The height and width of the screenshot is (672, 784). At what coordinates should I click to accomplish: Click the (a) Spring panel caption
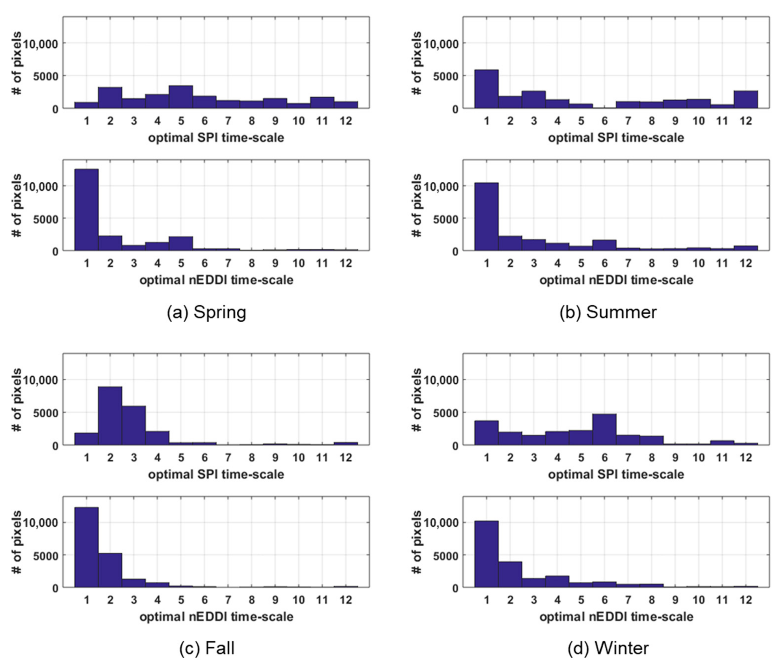tap(207, 312)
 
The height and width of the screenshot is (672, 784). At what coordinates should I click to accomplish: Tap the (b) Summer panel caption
tap(608, 312)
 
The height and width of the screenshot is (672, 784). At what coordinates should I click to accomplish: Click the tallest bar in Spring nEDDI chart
tap(87, 210)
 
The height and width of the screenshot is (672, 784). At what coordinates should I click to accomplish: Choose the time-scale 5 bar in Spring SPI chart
tap(181, 97)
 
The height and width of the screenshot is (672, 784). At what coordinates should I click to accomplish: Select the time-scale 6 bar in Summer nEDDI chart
tap(604, 245)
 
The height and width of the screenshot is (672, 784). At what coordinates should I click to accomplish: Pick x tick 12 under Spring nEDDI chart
tap(345, 263)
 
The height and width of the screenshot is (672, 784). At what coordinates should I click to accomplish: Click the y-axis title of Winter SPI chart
tap(417, 400)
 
